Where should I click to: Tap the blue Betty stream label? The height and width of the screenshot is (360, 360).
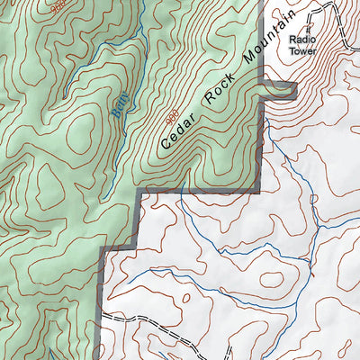pos(122,105)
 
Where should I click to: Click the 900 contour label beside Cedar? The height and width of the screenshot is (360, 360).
pos(169,116)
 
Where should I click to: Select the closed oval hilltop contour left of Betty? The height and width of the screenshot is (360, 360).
pos(81,126)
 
